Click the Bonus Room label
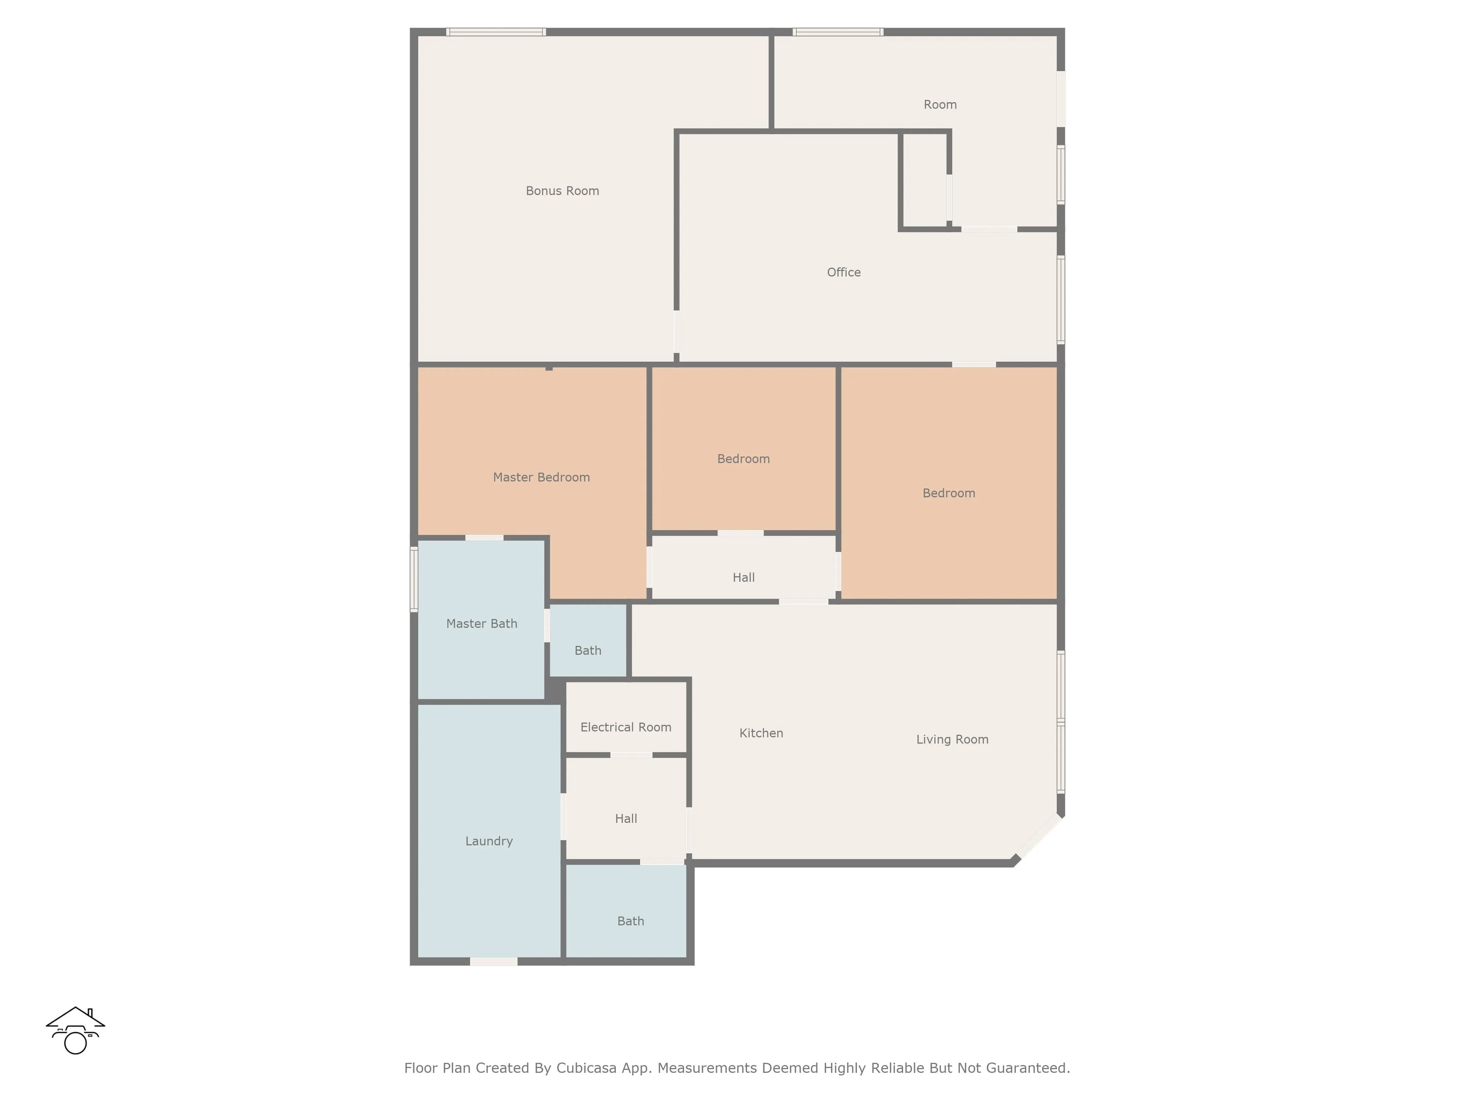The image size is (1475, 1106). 562,190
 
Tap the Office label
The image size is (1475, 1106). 844,272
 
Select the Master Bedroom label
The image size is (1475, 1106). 542,477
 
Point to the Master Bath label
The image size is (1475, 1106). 481,623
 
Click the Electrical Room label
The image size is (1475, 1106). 625,727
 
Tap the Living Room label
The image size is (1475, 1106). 952,739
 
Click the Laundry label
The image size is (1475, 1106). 489,841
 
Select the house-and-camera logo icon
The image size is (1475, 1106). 75,1030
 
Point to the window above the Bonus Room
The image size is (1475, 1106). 496,32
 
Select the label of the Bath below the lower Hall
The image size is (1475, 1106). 631,921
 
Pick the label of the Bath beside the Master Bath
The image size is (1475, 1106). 588,651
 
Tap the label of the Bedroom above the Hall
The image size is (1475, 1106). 744,459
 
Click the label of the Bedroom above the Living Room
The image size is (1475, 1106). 949,493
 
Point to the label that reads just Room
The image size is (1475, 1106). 940,105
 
